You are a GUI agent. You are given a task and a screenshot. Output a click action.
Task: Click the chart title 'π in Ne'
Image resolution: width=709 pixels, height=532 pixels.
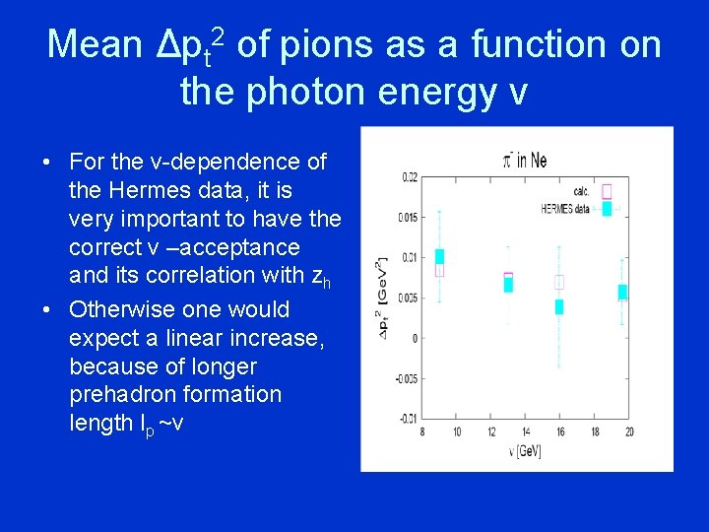(x=524, y=160)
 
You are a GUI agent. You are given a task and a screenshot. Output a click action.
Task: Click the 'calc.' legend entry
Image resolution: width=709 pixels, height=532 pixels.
(x=580, y=192)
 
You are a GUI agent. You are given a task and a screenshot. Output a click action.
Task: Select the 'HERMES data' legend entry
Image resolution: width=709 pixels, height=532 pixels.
(x=567, y=208)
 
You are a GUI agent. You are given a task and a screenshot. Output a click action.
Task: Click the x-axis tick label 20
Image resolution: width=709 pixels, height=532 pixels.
(x=628, y=432)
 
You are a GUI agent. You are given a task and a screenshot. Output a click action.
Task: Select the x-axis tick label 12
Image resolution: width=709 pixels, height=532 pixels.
(x=491, y=432)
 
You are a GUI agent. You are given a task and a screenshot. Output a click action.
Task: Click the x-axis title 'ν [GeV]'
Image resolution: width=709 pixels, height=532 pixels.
(x=525, y=451)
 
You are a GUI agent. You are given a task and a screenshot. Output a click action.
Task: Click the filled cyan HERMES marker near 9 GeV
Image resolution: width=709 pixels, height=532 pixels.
(x=439, y=256)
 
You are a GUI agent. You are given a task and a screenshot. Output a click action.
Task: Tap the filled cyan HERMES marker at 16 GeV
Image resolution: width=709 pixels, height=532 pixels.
(x=559, y=306)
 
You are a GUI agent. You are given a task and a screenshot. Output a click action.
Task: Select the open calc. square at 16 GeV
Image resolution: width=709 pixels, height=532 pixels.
(x=559, y=282)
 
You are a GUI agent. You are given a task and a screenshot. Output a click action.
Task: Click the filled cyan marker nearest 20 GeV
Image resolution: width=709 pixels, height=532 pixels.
(x=621, y=292)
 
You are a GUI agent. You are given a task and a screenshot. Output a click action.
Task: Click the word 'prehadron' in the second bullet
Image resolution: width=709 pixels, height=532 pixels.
(x=130, y=395)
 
